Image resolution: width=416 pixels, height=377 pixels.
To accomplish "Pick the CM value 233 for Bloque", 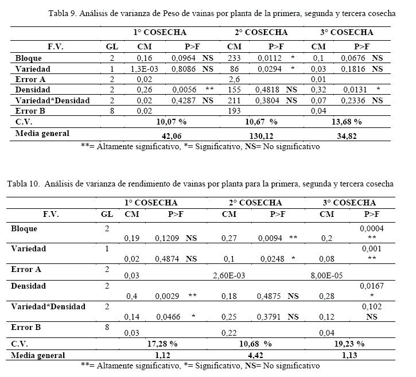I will [x=234, y=58].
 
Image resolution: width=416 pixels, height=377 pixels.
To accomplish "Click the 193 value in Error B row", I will [x=234, y=111].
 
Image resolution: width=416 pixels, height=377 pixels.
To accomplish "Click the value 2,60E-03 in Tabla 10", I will [x=230, y=275].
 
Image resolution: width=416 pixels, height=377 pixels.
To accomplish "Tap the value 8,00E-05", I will [x=326, y=275].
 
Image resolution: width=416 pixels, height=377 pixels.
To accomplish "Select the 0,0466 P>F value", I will [x=166, y=317].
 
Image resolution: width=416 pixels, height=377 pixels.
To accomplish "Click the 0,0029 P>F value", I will [x=166, y=296].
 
